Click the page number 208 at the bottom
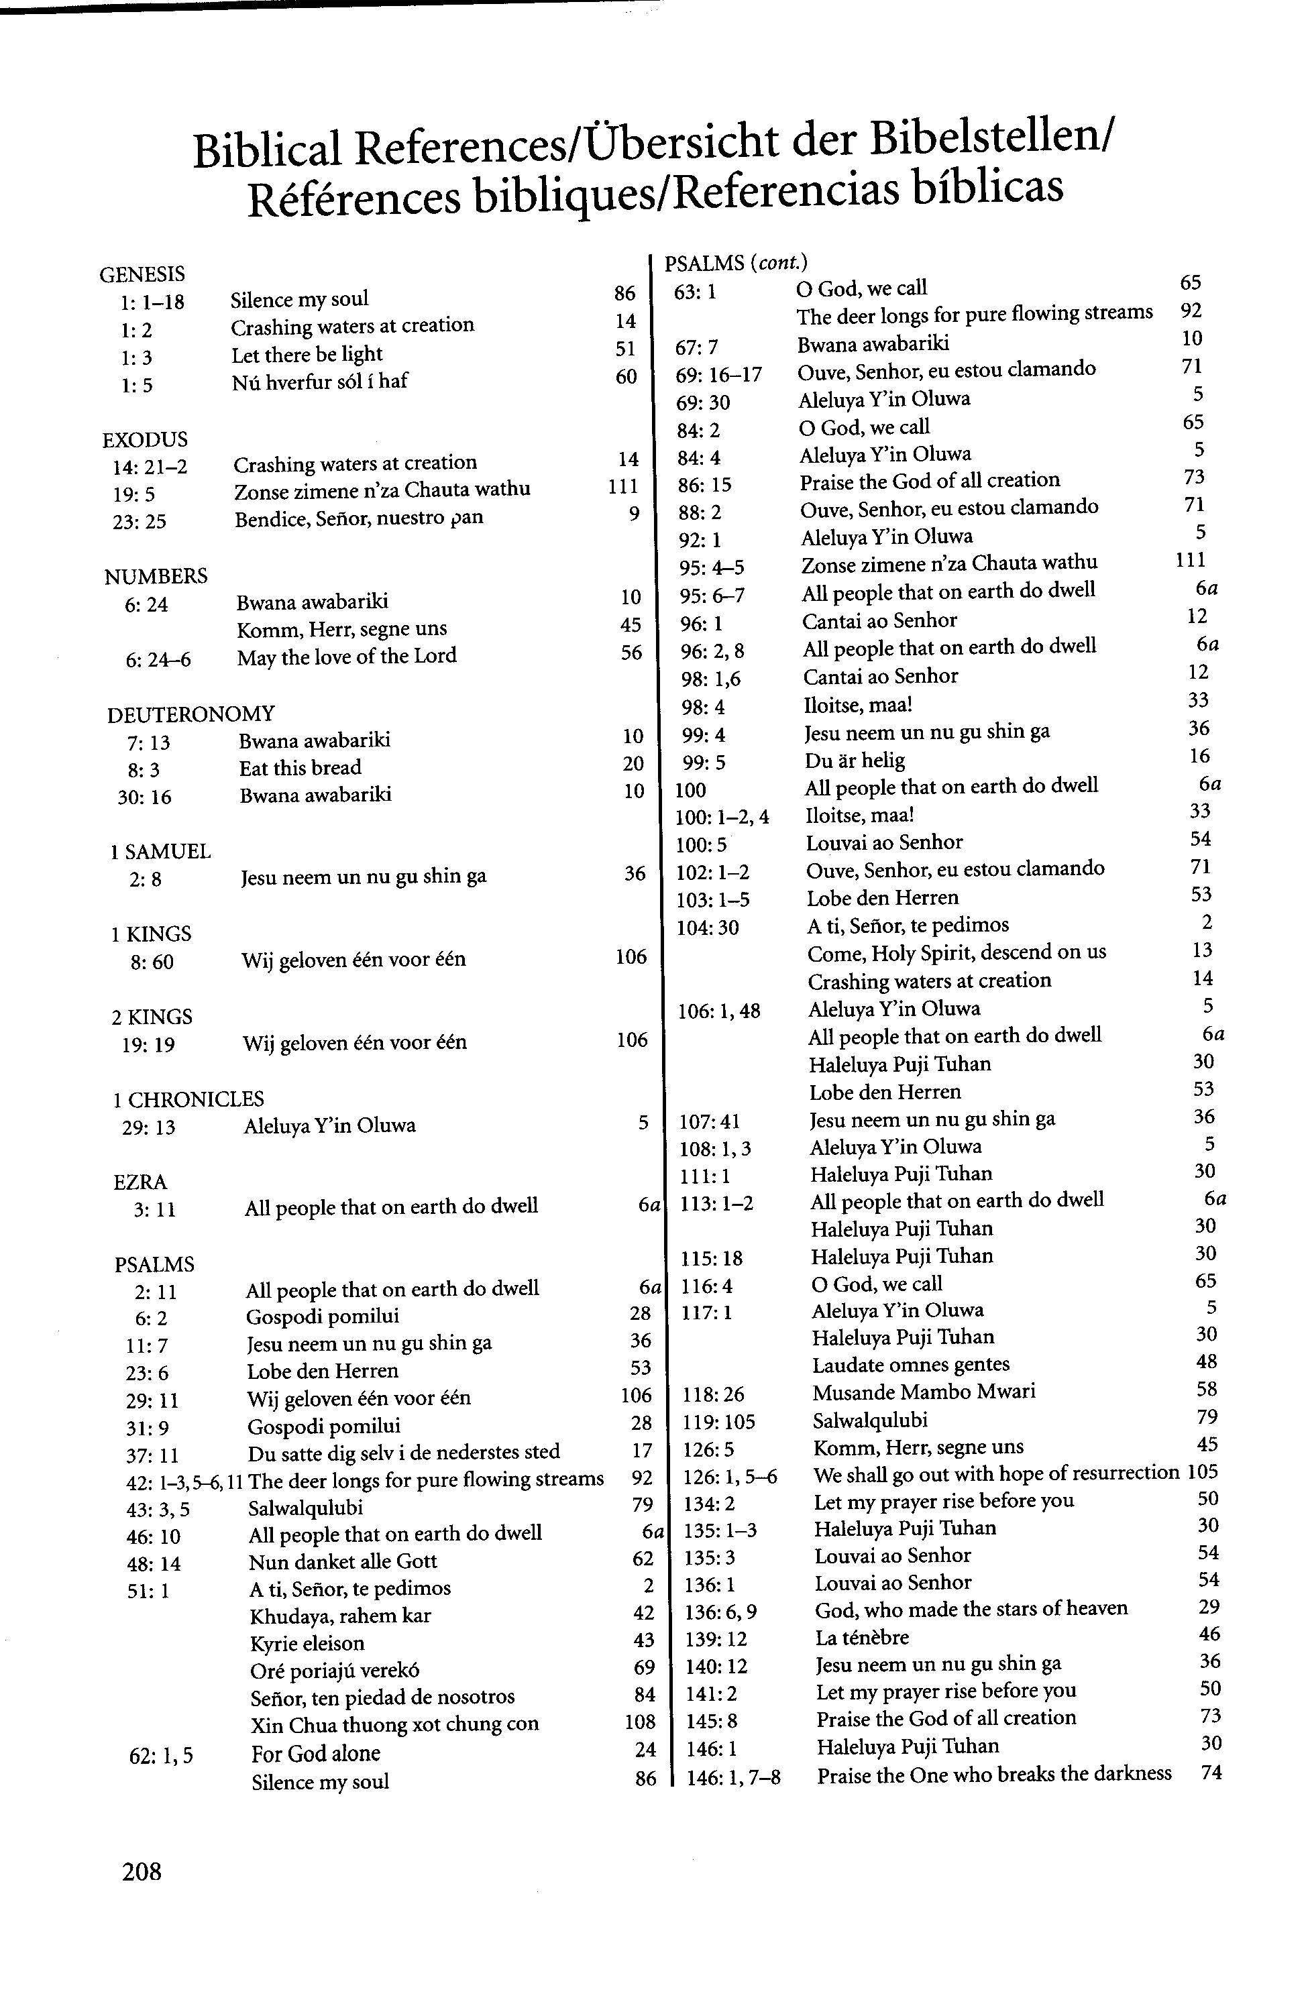click(x=142, y=1870)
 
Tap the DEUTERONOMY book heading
click(x=190, y=714)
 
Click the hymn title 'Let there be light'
click(x=307, y=354)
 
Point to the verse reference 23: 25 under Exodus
click(x=140, y=520)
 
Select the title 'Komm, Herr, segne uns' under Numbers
click(x=341, y=628)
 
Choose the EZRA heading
click(x=140, y=1182)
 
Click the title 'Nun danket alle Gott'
click(x=343, y=1561)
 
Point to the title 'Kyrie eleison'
click(x=308, y=1643)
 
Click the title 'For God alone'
click(x=315, y=1752)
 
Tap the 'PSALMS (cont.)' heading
click(x=737, y=263)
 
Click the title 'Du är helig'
click(x=855, y=760)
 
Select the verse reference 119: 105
click(x=718, y=1421)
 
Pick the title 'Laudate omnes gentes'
click(x=912, y=1363)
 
